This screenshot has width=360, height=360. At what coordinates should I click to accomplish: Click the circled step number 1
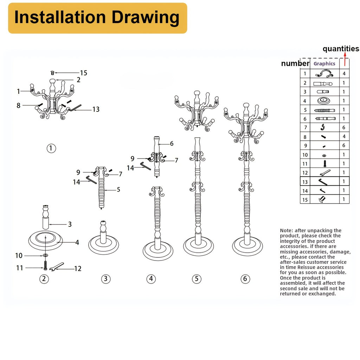point(51,148)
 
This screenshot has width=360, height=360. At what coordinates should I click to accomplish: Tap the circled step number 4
point(151,279)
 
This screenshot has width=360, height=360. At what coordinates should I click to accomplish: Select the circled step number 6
point(245,279)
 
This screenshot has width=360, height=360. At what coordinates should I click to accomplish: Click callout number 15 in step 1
point(84,73)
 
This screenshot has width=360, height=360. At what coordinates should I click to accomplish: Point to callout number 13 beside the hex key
point(96,109)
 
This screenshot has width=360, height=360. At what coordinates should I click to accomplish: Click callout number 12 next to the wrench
point(78,269)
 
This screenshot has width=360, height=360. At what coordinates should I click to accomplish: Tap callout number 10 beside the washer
point(19,256)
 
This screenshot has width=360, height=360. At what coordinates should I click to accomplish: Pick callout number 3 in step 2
point(70,224)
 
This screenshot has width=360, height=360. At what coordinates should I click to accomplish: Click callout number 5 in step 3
point(118,189)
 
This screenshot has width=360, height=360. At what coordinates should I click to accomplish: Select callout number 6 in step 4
point(172,143)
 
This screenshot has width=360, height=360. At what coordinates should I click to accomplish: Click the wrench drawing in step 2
point(57,267)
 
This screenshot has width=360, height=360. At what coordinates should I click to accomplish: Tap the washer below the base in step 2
point(45,255)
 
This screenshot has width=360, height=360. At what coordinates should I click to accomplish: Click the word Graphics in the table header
point(324,64)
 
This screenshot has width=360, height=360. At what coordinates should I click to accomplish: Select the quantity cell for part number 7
point(344,127)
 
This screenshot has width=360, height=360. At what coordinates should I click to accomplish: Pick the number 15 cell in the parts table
point(305,200)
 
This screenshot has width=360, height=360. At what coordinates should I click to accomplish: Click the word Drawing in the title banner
point(145,18)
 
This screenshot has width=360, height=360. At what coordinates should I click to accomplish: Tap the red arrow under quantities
point(345,59)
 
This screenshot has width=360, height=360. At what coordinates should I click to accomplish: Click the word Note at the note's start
point(286,230)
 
